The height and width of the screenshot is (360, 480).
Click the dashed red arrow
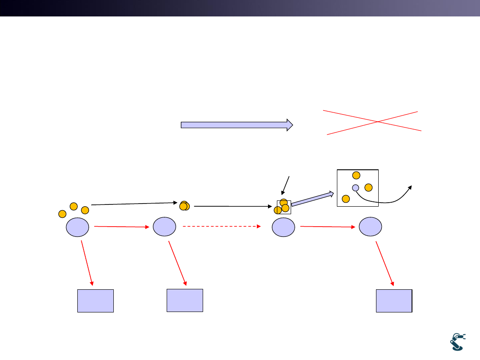click(x=221, y=227)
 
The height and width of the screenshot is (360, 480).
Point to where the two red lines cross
click(x=377, y=121)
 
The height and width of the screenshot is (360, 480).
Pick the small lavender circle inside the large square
click(x=356, y=188)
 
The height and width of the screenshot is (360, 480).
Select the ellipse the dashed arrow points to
click(x=284, y=228)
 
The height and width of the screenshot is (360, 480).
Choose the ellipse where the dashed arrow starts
click(x=164, y=227)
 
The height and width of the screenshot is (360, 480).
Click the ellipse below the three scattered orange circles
click(x=77, y=228)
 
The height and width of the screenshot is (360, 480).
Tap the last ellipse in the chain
click(x=370, y=227)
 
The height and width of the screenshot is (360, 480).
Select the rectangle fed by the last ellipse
click(x=394, y=300)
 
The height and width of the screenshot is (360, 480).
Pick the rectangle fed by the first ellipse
click(x=96, y=301)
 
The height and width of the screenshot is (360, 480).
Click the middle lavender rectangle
click(x=185, y=300)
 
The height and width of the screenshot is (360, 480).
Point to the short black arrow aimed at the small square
click(x=286, y=185)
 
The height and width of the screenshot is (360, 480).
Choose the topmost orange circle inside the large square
click(x=356, y=176)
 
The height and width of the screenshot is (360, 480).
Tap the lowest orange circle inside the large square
click(x=346, y=199)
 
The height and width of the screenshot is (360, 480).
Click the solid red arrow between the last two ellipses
click(x=328, y=227)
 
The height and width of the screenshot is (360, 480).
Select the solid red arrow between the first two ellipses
click(x=122, y=227)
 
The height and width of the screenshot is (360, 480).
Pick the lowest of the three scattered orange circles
click(x=62, y=214)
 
